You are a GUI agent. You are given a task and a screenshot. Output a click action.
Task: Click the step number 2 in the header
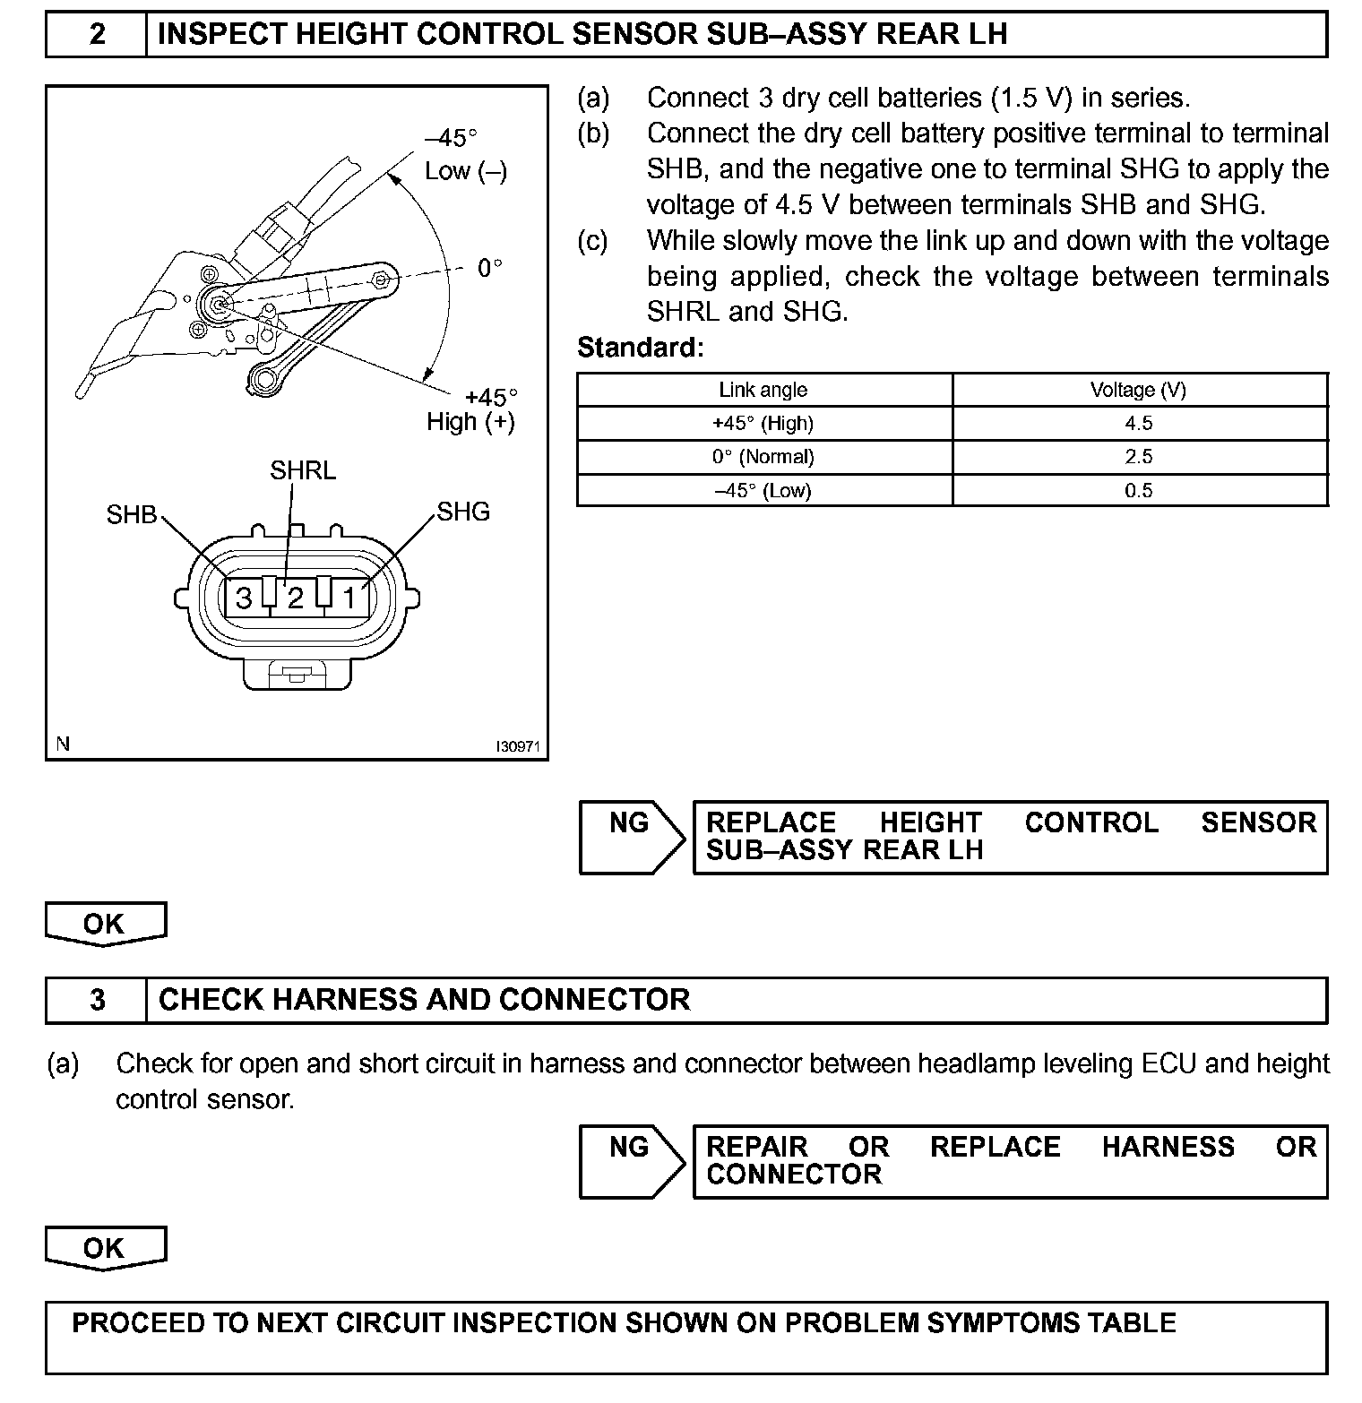click(97, 35)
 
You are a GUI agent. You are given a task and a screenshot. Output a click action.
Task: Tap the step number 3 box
click(97, 1000)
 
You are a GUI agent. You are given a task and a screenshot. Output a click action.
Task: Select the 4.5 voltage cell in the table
click(1138, 424)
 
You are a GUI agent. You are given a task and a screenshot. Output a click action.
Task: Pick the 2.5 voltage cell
click(1138, 457)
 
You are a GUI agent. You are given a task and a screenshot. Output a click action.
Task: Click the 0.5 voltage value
click(1138, 491)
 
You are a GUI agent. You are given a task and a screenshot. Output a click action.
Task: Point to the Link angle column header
click(763, 390)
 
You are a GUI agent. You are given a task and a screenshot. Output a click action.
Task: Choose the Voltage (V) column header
click(1138, 390)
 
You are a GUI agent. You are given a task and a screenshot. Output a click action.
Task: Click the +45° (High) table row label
click(763, 424)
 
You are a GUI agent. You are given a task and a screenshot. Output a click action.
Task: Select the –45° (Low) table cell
click(763, 491)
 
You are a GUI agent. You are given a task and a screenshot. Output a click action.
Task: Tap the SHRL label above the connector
click(303, 470)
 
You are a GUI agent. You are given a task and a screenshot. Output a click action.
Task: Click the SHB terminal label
click(132, 515)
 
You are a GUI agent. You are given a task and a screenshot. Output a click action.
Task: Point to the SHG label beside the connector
click(463, 512)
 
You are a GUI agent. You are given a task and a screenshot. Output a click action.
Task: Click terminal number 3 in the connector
click(243, 598)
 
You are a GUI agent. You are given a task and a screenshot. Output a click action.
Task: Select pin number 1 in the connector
click(349, 598)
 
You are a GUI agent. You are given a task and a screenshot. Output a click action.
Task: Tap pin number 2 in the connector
click(295, 598)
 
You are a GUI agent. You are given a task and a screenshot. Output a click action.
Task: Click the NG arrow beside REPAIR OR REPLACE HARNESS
click(631, 1161)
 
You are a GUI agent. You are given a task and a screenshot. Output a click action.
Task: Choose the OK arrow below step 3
click(105, 1249)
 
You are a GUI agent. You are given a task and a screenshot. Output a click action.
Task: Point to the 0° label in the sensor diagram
click(489, 268)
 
